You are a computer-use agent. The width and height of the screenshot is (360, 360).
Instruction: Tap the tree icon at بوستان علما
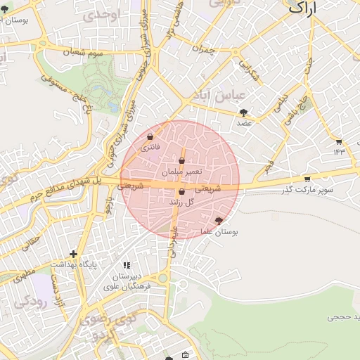(228, 221)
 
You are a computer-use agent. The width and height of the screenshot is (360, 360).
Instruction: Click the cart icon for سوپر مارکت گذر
(307, 179)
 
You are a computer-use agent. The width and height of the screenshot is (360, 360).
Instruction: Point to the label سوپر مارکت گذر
(307, 190)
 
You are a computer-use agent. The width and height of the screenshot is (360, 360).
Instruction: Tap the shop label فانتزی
(150, 148)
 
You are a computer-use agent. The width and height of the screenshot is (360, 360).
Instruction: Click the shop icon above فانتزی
(150, 136)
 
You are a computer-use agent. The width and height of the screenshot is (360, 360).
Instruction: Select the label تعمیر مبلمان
(181, 172)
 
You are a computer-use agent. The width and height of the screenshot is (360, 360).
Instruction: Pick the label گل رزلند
(181, 202)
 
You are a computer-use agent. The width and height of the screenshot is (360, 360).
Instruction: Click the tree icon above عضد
(243, 112)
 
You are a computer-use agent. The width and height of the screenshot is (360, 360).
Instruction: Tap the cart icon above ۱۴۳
(339, 141)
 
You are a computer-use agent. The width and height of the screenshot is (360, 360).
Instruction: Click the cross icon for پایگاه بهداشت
(73, 254)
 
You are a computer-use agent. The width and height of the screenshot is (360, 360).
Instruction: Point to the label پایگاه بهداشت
(73, 264)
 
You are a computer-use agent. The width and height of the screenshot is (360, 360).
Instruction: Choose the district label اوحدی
(100, 15)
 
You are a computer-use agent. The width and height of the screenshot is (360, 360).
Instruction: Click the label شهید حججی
(344, 318)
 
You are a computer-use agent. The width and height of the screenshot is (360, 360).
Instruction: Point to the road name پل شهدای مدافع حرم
(59, 192)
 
